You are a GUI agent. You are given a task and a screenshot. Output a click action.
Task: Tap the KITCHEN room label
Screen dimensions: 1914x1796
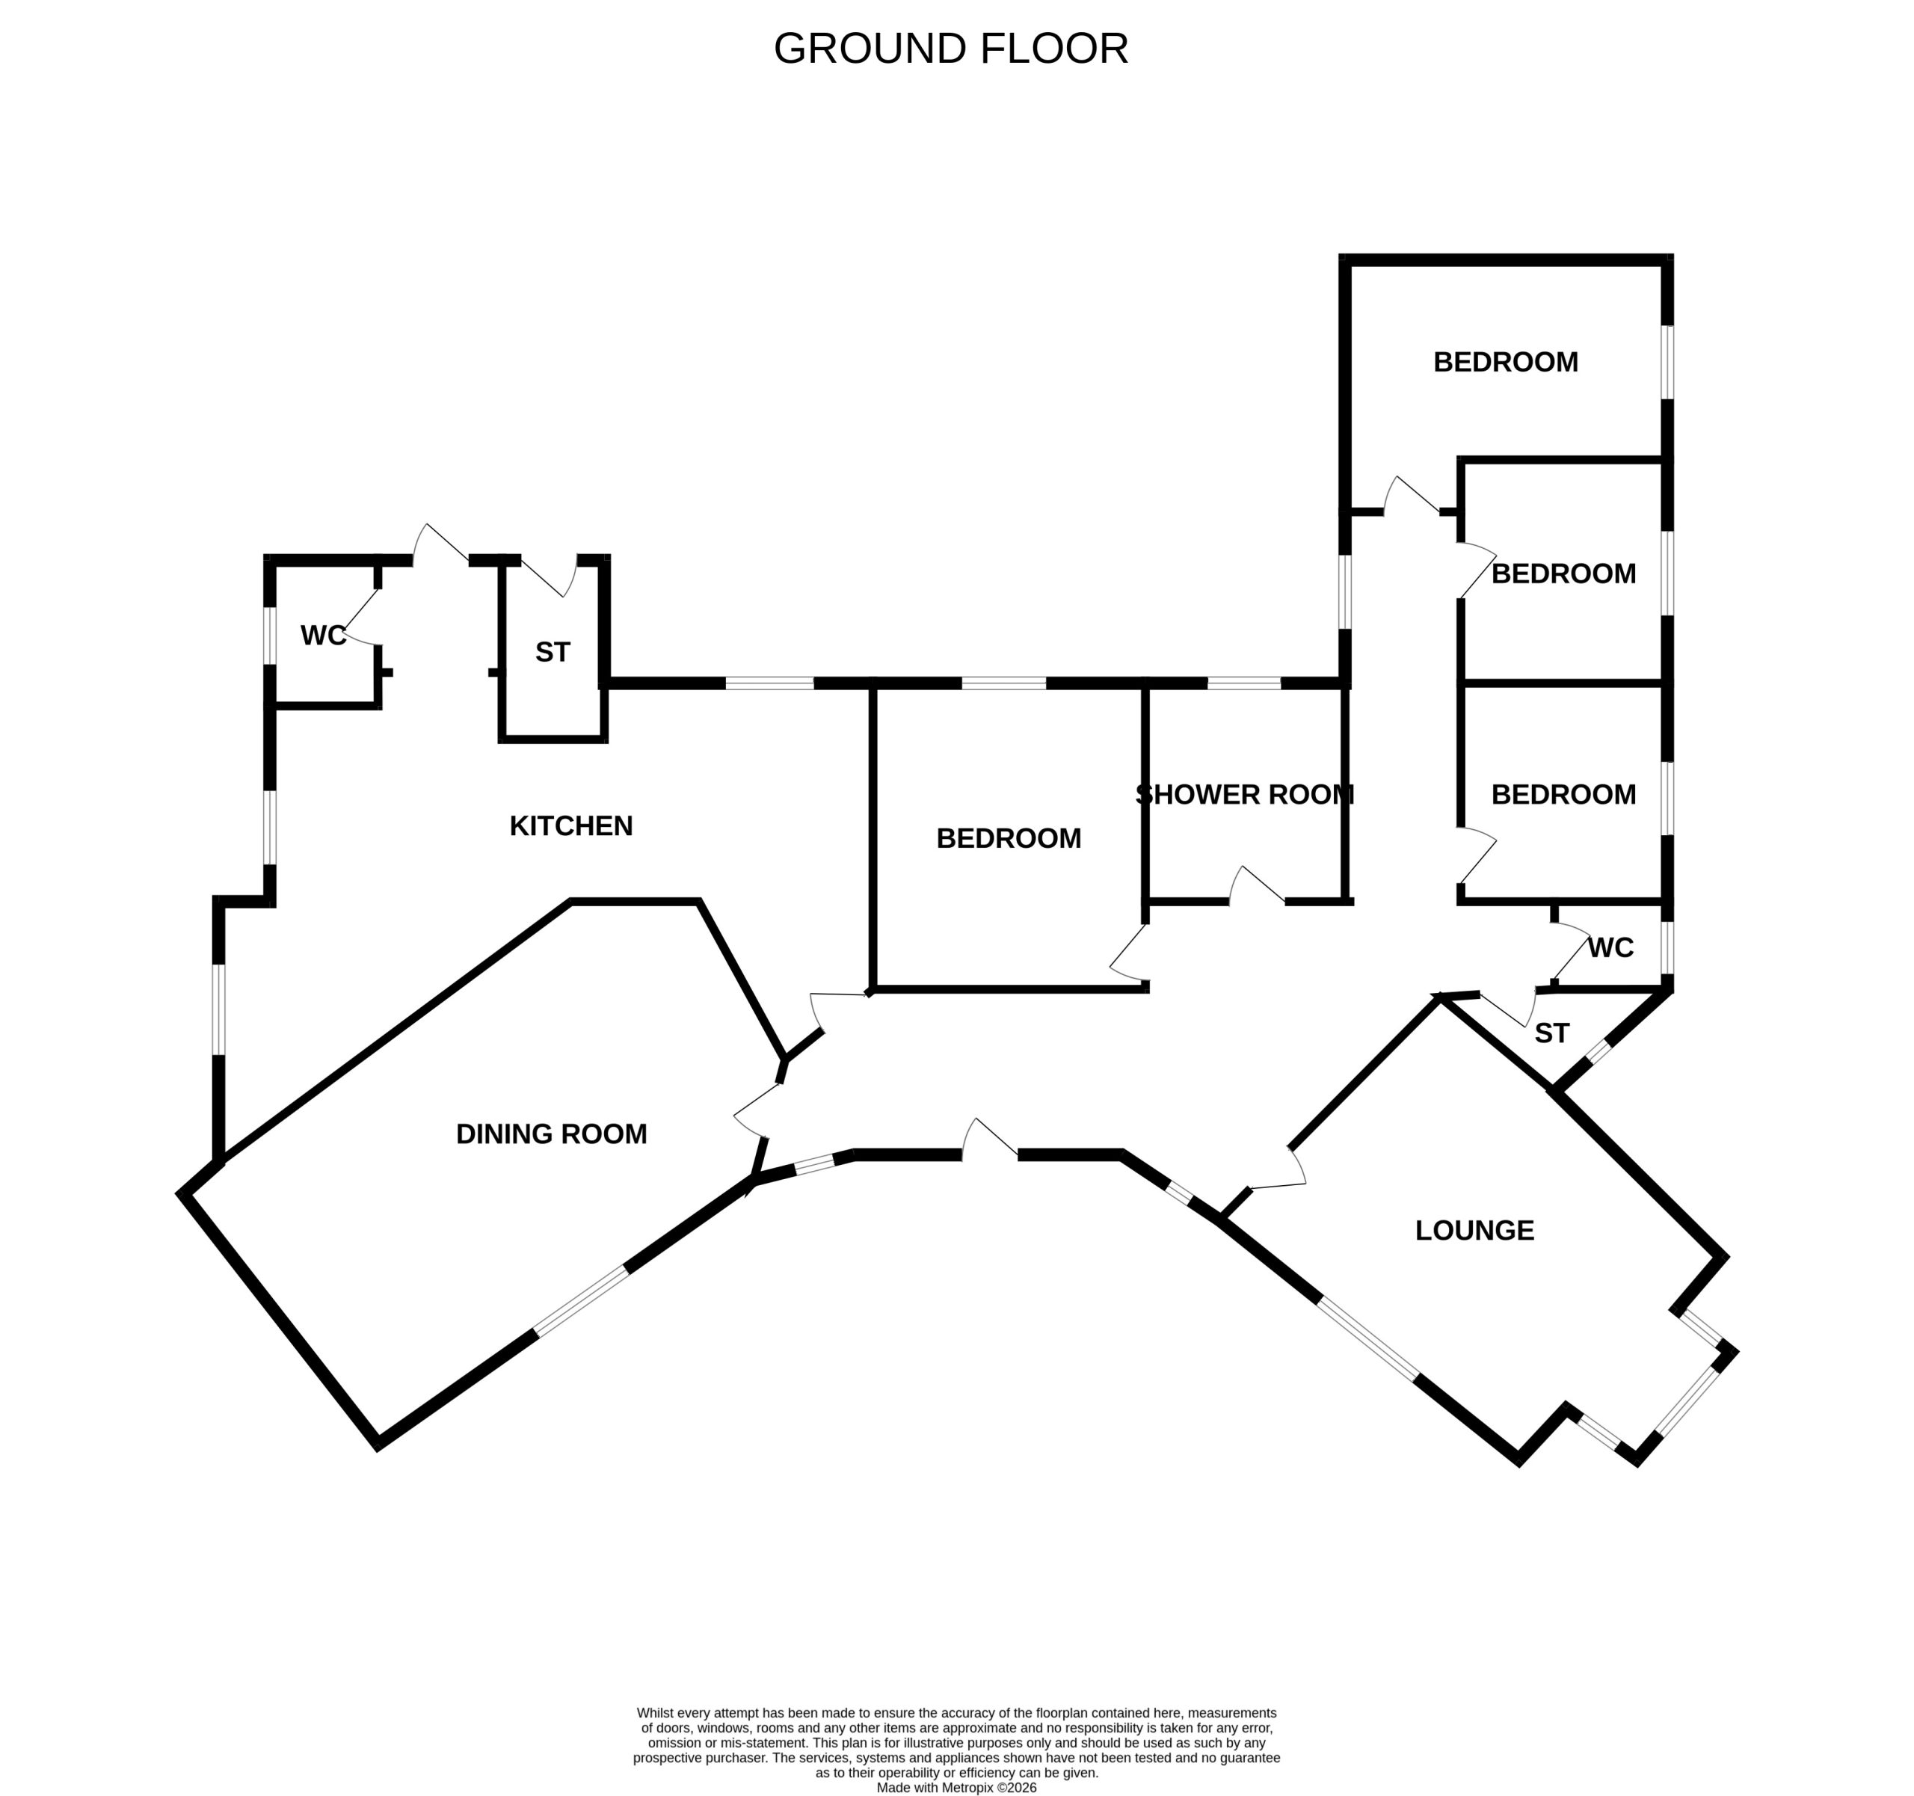point(571,826)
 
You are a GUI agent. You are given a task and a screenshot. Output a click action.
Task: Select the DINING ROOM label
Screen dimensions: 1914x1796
point(552,1134)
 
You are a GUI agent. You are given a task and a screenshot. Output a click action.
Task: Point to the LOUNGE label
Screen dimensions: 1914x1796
point(1474,1231)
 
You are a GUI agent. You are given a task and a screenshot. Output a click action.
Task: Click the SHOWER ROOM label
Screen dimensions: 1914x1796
point(1245,796)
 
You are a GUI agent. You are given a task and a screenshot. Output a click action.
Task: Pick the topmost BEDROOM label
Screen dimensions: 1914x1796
point(1506,362)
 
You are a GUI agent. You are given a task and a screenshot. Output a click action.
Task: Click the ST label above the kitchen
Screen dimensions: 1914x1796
point(552,653)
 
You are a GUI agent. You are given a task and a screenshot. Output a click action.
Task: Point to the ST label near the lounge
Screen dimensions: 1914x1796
point(1551,1033)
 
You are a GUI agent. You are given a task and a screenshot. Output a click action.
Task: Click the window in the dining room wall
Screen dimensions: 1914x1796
point(582,1302)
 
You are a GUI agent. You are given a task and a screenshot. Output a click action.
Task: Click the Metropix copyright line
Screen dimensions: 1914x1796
point(956,1787)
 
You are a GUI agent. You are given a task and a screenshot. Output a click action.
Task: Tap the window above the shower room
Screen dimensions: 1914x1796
point(1244,683)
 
